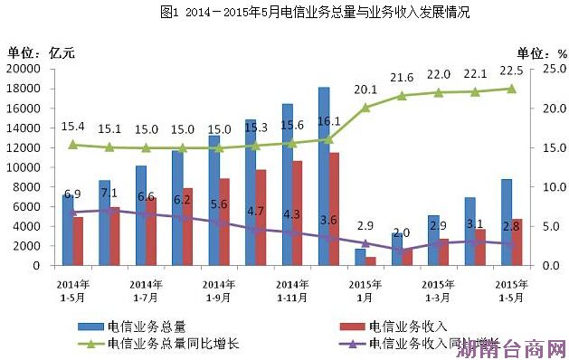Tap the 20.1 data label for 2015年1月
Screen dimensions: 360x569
(366, 90)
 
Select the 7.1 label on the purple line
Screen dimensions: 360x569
(109, 193)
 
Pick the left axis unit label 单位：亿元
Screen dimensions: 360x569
(42, 52)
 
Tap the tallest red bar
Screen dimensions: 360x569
(334, 209)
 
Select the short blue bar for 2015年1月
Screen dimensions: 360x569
(359, 257)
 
